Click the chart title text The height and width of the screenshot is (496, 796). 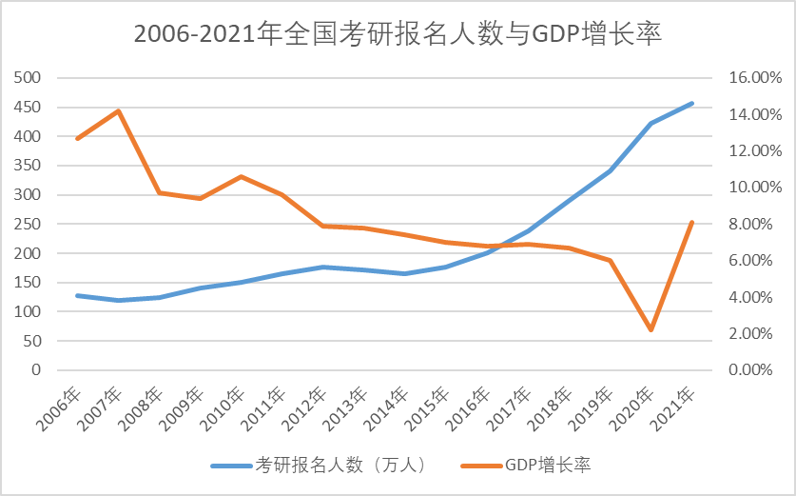tap(398, 34)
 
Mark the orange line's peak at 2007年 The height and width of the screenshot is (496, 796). tap(118, 110)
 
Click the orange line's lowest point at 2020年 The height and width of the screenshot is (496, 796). tap(650, 330)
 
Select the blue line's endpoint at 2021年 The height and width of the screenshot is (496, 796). tap(691, 103)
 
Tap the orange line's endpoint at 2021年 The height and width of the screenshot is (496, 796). tap(691, 223)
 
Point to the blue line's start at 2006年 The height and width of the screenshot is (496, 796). tap(77, 295)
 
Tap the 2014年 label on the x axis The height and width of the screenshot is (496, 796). tap(388, 407)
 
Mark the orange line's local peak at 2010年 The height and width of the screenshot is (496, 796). tap(241, 176)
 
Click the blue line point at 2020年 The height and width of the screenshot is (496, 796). tap(650, 123)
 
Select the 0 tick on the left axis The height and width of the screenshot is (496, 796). tap(36, 369)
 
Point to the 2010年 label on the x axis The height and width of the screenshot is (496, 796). tap(224, 407)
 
